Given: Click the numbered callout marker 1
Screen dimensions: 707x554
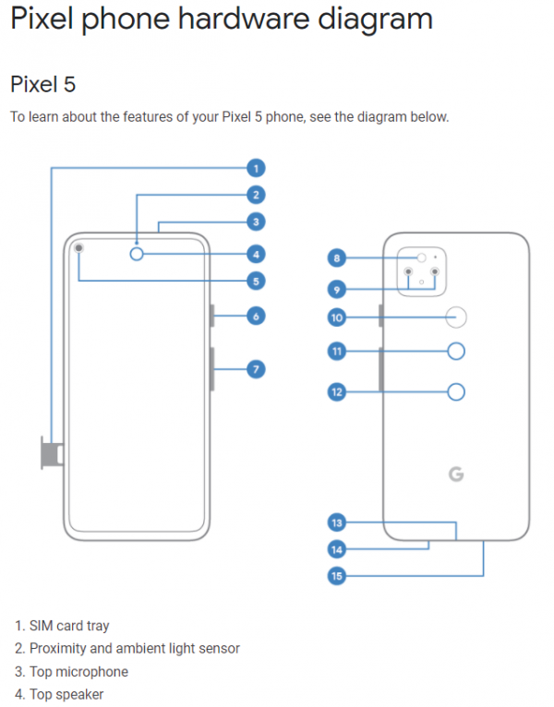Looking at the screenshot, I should point(256,168).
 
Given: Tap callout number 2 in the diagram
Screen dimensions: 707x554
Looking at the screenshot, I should point(256,195).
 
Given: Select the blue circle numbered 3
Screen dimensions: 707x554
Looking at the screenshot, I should point(256,222).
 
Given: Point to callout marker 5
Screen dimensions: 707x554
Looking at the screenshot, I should point(256,281).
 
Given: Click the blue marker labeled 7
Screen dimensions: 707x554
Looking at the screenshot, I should point(256,369).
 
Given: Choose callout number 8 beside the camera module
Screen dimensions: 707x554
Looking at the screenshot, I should point(337,258).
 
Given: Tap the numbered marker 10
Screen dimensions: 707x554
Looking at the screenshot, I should point(337,318).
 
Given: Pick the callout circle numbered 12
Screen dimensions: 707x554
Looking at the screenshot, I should point(337,392).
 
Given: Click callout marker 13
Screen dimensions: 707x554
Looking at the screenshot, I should point(337,523).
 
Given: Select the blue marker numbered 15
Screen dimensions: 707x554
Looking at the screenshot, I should point(337,577).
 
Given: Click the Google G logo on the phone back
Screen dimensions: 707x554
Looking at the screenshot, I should point(456,474).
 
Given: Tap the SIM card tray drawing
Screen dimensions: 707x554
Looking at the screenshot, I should point(49,451).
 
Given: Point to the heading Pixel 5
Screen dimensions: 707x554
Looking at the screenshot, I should point(42,85).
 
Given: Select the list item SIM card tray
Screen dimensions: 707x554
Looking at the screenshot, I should point(69,626).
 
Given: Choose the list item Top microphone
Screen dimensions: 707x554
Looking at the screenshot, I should point(78,672).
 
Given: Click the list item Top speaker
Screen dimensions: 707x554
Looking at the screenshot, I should point(66,694).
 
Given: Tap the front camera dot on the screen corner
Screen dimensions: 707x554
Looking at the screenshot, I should point(79,247).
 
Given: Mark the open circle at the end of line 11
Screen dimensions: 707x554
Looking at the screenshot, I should point(456,351).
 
